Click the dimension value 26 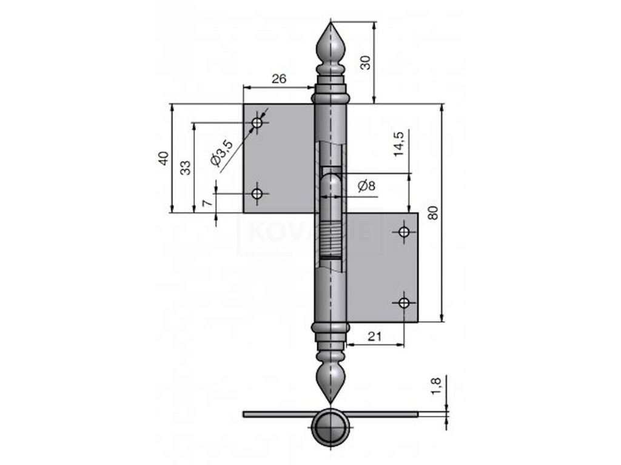pyautogui.click(x=279, y=79)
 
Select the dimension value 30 pyautogui.click(x=365, y=62)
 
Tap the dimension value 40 pyautogui.click(x=163, y=159)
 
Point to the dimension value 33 pyautogui.click(x=186, y=167)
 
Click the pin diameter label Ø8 pyautogui.click(x=366, y=186)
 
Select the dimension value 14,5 pyautogui.click(x=398, y=143)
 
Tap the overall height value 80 pyautogui.click(x=432, y=213)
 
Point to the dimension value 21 pyautogui.click(x=374, y=337)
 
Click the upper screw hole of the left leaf pyautogui.click(x=258, y=123)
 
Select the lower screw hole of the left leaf pyautogui.click(x=258, y=194)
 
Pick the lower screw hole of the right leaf pyautogui.click(x=404, y=302)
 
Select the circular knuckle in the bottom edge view pyautogui.click(x=331, y=427)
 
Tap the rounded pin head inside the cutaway pyautogui.click(x=331, y=182)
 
